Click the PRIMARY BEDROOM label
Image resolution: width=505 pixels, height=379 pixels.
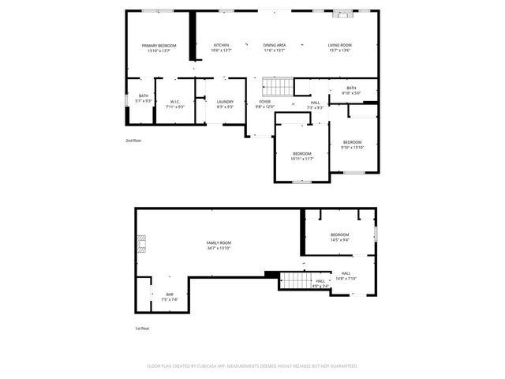coord(159,46)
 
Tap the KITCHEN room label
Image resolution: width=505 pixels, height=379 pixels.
coord(222,46)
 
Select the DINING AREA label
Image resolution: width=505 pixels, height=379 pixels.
coord(275,46)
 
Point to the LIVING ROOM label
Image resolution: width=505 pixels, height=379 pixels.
coord(340,46)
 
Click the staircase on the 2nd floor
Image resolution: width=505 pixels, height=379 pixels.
coord(277,88)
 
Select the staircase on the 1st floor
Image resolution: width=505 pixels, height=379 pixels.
coord(294,280)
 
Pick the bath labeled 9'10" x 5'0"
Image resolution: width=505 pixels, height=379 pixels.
coord(351,93)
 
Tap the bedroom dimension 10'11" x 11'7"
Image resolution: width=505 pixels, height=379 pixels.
coord(302,159)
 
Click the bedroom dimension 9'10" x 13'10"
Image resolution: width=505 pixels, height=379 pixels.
coord(353,148)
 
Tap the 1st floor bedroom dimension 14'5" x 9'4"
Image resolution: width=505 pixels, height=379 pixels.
coord(340,240)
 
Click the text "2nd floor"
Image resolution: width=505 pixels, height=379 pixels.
coord(133,141)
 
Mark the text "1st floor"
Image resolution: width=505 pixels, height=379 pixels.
coord(141,328)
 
